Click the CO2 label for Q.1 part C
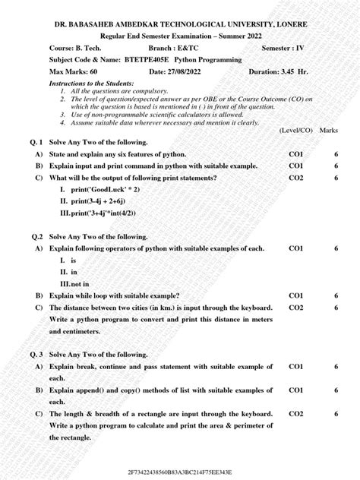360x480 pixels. pos(296,178)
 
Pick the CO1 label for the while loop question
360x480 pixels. pos(296,295)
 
